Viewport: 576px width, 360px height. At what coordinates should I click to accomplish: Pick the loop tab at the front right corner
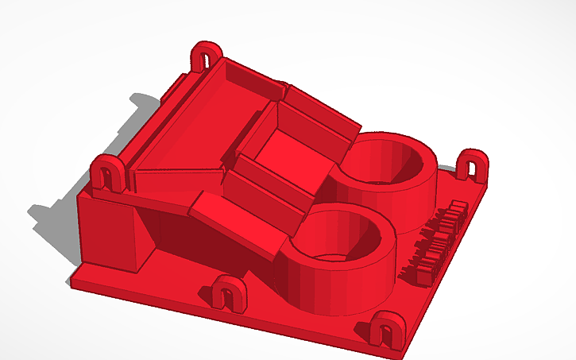387,328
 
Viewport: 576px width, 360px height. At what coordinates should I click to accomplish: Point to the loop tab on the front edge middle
229,292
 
